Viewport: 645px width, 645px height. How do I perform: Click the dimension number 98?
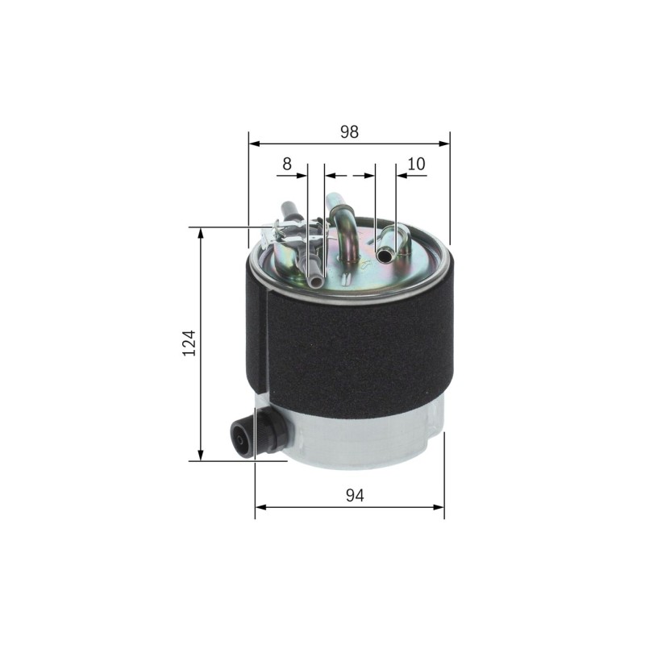[349, 131]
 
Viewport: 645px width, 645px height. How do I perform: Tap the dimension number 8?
[287, 164]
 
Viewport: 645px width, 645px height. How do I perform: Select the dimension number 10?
[416, 164]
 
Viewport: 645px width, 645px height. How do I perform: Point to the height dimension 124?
[189, 343]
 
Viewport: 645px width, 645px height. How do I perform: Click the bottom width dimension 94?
[355, 495]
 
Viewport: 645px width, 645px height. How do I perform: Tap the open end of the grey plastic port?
[315, 281]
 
